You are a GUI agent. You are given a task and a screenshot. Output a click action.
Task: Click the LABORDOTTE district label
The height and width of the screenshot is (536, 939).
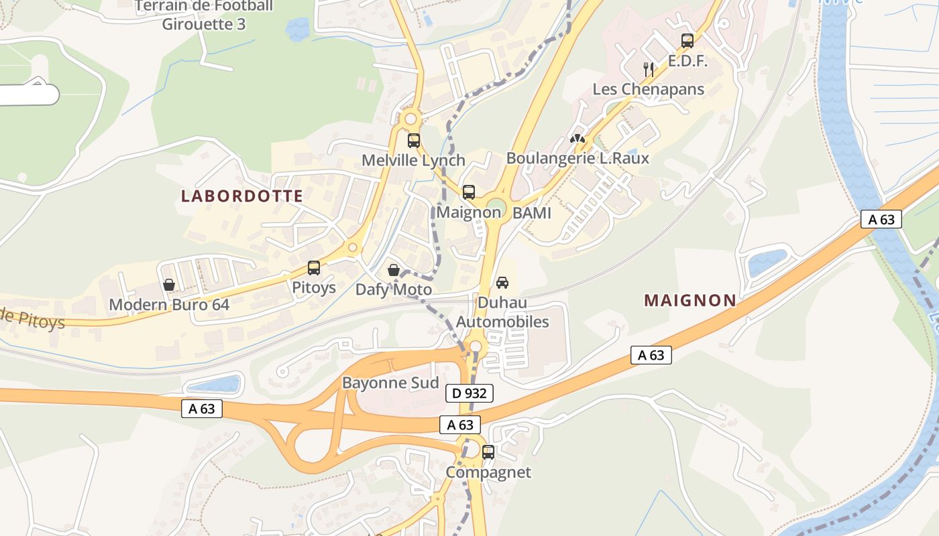click(x=242, y=196)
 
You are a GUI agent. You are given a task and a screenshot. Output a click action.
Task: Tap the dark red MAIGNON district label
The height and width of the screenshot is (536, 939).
click(x=690, y=301)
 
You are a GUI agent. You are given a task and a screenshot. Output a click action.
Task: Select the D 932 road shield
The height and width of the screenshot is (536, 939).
click(x=469, y=393)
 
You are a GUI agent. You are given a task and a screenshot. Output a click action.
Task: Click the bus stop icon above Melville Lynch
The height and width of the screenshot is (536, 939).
click(x=414, y=141)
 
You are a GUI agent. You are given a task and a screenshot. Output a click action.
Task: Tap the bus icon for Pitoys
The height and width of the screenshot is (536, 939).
click(x=314, y=268)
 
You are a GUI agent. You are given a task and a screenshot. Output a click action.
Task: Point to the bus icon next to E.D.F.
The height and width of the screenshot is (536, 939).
click(x=687, y=41)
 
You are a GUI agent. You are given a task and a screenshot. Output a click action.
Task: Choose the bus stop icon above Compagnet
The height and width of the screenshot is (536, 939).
click(x=488, y=452)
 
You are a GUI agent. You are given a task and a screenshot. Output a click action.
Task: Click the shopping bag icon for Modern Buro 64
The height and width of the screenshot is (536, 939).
click(x=169, y=285)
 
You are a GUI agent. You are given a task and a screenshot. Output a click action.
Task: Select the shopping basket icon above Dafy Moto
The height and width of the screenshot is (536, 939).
click(x=394, y=270)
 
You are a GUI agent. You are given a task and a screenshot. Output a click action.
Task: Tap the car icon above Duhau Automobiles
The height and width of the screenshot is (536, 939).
click(x=502, y=283)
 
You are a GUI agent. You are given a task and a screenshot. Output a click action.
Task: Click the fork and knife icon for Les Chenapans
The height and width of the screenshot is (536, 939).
click(x=649, y=69)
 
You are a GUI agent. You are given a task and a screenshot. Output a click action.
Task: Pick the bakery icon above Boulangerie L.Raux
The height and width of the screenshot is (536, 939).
click(x=577, y=139)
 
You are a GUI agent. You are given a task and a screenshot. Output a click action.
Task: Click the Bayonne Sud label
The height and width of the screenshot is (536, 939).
click(x=390, y=383)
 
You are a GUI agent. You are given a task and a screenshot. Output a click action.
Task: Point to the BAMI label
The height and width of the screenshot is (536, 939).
click(x=531, y=213)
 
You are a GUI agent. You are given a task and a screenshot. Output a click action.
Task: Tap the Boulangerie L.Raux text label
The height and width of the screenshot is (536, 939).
click(x=577, y=158)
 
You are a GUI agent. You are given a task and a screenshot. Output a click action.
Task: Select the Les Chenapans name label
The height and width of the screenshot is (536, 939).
click(x=648, y=89)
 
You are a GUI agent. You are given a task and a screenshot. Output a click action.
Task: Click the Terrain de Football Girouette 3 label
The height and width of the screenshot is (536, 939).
click(x=204, y=15)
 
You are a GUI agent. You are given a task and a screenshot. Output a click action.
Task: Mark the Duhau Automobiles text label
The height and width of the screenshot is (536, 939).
click(x=502, y=312)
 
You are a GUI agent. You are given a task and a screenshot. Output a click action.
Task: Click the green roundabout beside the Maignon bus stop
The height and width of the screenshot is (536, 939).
click(x=496, y=205)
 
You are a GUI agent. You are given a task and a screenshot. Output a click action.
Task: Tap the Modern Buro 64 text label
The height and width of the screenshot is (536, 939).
click(x=169, y=305)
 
